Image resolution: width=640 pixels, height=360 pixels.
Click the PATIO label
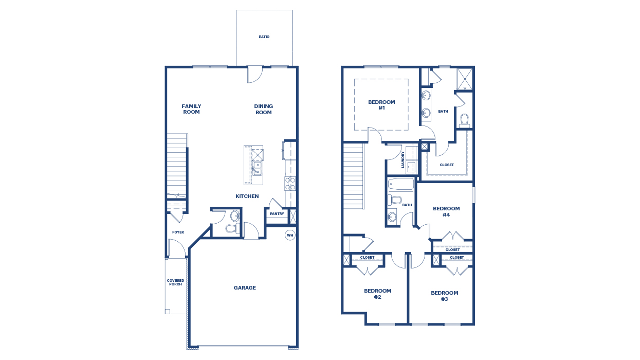pos(264,37)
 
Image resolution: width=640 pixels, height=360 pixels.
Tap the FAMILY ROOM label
pos(191,109)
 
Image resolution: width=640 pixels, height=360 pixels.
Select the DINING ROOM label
pos(264,109)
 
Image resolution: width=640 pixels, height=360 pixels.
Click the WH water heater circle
pos(290,235)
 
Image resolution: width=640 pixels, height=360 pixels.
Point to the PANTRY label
pos(277,214)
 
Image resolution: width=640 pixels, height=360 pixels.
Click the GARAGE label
pos(245,288)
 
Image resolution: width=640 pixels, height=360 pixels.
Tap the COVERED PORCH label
pos(175,282)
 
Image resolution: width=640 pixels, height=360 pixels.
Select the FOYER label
pos(178,232)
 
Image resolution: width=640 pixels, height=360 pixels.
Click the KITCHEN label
pos(247,196)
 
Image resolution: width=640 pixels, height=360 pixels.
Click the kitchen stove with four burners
pos(290,184)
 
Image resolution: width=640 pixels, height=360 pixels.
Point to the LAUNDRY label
pos(403,159)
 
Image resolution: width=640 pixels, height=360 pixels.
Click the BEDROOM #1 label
pos(381,105)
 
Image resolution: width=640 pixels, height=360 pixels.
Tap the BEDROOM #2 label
pos(377,294)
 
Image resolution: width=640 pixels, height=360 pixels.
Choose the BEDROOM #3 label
pos(444,296)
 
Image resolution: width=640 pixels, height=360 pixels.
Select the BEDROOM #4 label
pos(446,211)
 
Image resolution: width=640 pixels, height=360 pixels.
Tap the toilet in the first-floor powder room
pos(232,228)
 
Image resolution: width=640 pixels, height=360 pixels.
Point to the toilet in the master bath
pos(464,120)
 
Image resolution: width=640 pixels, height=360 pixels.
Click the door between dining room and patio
pos(255,74)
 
